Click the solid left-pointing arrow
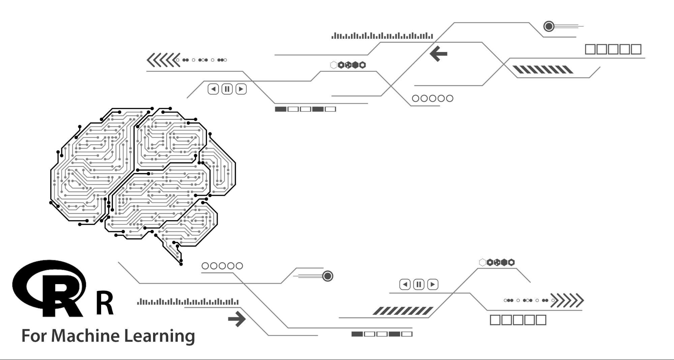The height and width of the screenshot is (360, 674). coord(439,54)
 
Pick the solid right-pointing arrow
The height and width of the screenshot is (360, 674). coord(237,319)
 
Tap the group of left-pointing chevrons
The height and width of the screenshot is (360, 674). coord(164,60)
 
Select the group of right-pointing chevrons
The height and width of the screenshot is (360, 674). coord(567,300)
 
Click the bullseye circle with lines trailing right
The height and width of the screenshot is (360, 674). coord(549,26)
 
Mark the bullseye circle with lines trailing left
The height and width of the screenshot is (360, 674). coord(327,276)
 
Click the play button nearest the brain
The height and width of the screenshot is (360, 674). coord(241,89)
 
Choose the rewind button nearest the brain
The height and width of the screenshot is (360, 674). coord(213,89)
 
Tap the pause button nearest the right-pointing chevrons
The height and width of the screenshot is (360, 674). coord(419,284)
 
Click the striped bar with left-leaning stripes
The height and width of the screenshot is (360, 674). coord(543,70)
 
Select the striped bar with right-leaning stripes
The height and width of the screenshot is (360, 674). coord(403,311)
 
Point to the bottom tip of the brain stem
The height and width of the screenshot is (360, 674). coord(181,264)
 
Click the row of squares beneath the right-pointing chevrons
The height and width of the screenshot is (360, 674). coord(518,320)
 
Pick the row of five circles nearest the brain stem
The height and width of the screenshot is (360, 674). coord(222,266)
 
